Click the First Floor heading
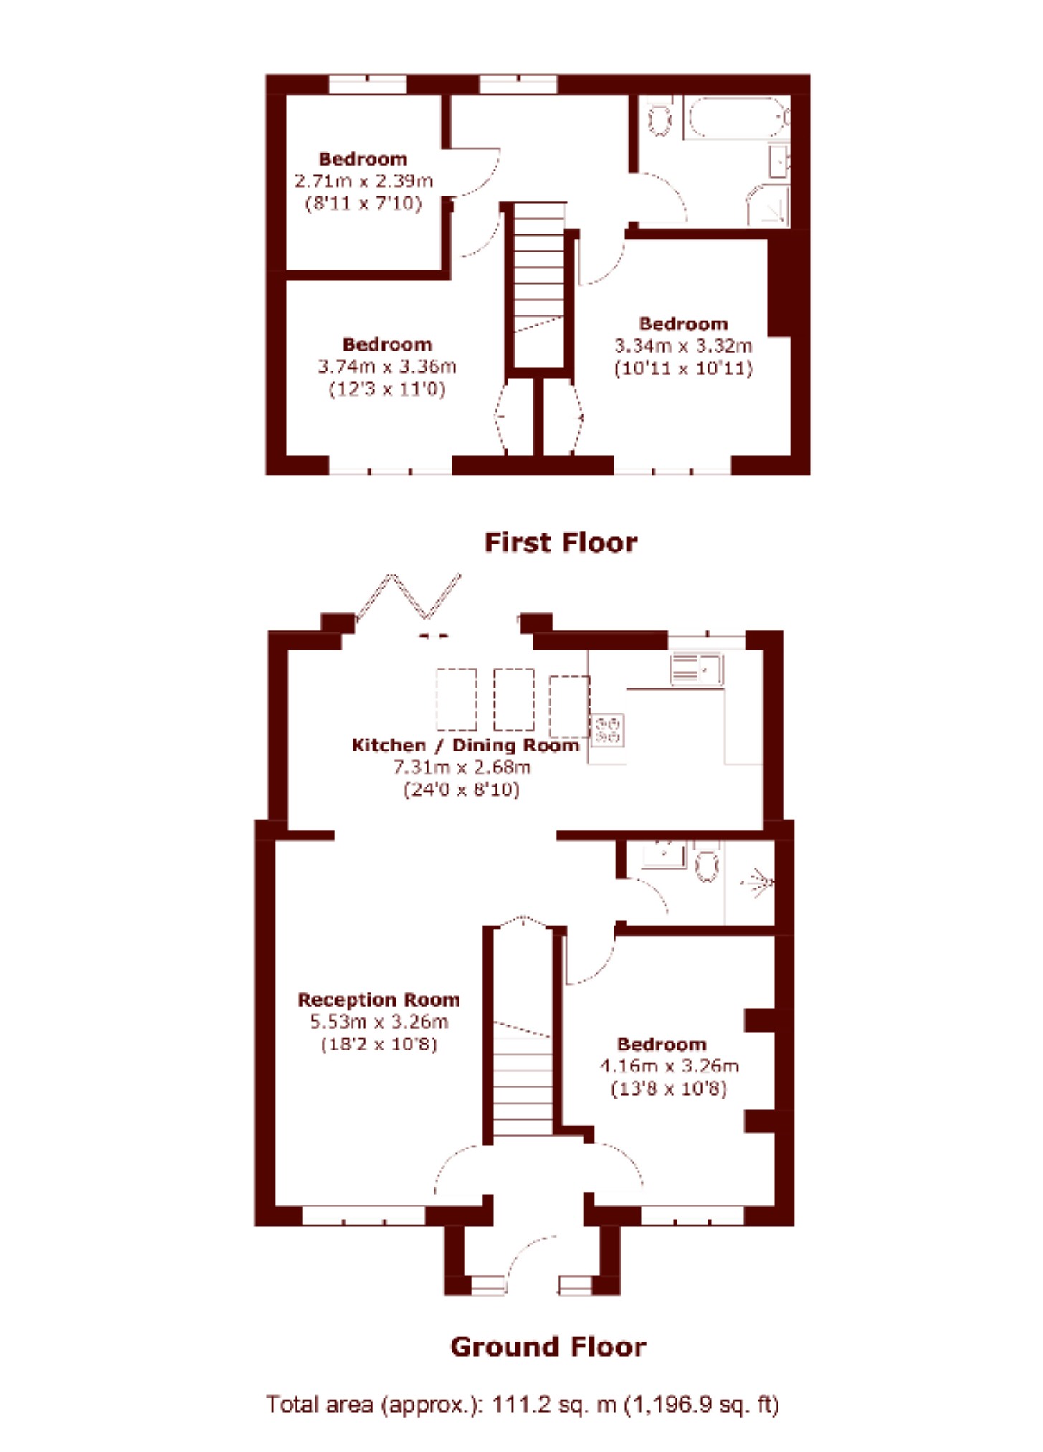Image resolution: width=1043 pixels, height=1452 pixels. coord(561,543)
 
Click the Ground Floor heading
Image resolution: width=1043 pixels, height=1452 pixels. coord(548,1347)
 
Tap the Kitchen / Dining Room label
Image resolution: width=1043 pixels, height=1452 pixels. coord(466,745)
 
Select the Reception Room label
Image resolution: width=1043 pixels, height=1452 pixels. coord(378,1000)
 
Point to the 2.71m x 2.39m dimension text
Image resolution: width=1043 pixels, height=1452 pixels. coord(364,181)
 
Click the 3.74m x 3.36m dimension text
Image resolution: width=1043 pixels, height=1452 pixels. coord(387,366)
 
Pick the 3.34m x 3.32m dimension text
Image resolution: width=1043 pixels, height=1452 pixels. coord(683,346)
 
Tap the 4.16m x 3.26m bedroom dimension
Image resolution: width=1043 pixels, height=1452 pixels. coord(670,1066)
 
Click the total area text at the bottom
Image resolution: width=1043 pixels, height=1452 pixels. coord(522,1404)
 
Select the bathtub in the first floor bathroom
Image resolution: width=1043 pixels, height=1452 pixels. coord(738,118)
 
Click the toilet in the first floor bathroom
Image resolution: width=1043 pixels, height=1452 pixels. coord(659,118)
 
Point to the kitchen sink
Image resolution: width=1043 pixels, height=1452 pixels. coord(697,668)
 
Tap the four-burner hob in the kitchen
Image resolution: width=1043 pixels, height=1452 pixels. coord(607,729)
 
